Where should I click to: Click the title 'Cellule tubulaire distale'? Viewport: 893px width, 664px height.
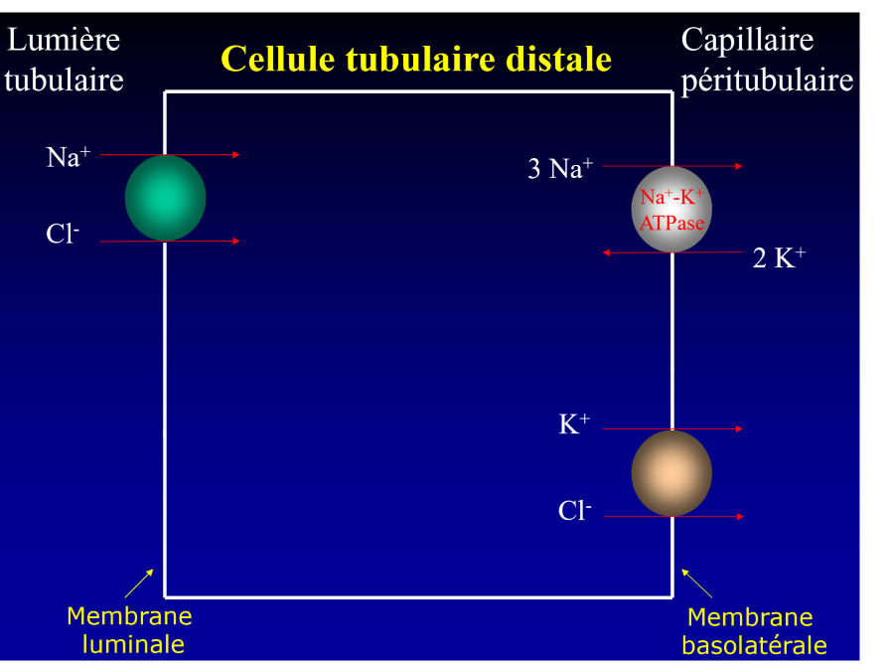(415, 59)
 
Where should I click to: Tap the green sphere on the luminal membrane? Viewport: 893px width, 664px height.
(165, 198)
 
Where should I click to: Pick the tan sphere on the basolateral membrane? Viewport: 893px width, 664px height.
(671, 473)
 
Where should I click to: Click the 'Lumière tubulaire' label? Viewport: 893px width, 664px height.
(64, 60)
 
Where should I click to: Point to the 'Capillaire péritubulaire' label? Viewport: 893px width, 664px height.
(766, 60)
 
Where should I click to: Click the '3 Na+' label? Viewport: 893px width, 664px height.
(560, 169)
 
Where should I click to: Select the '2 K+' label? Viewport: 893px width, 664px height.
(779, 258)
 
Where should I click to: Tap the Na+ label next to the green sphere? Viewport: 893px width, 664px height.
(68, 157)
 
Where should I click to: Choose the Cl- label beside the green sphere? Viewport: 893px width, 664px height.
(63, 235)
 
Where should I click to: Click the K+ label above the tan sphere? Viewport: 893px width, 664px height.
(574, 424)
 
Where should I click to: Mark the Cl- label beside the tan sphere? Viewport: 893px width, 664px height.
(574, 511)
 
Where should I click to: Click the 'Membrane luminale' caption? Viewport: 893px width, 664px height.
(129, 629)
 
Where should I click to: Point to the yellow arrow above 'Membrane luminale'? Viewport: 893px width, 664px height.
(139, 582)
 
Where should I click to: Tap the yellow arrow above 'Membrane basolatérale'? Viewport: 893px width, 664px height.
(697, 582)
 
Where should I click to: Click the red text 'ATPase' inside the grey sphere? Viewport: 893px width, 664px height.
(671, 223)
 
